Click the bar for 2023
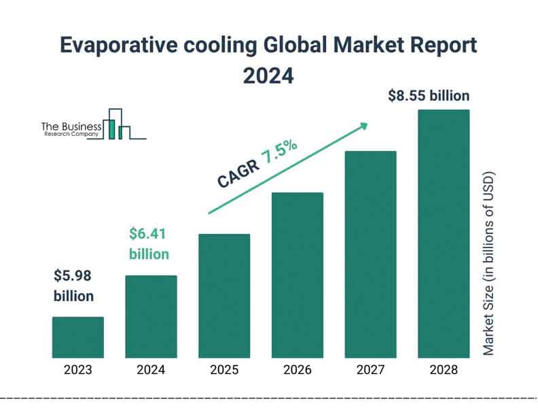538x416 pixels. [x=78, y=337]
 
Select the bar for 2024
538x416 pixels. [x=151, y=316]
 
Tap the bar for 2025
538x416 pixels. [x=224, y=296]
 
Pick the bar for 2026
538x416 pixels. [x=298, y=275]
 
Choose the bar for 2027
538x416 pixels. [x=370, y=254]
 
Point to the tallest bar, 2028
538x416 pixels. [x=444, y=233]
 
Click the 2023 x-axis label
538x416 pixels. [x=78, y=370]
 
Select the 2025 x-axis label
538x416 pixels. [x=224, y=370]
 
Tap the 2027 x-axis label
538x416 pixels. [x=370, y=370]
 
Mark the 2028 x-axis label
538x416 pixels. [x=444, y=370]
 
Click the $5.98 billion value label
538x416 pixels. [x=73, y=286]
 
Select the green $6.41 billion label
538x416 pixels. [x=149, y=244]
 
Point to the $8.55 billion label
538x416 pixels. [x=429, y=96]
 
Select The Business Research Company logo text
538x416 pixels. [x=71, y=129]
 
